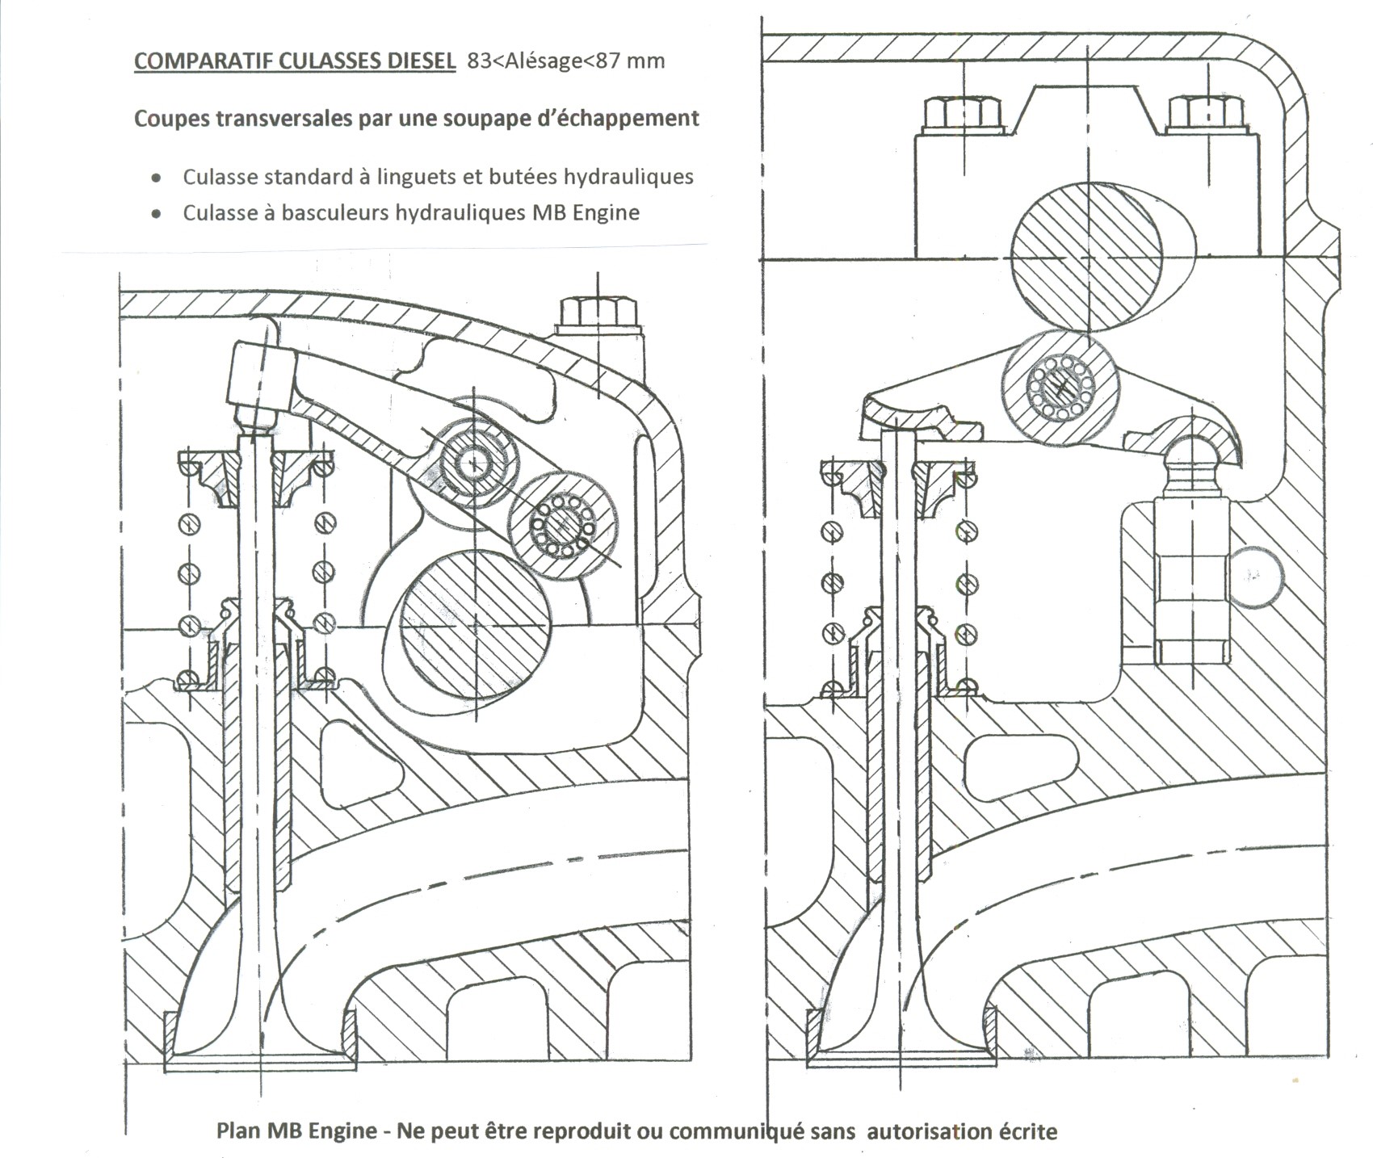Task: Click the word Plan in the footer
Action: point(239,1131)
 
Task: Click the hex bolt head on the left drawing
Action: point(598,312)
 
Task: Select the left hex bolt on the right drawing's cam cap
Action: point(961,115)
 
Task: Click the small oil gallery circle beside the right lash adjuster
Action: point(1255,575)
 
